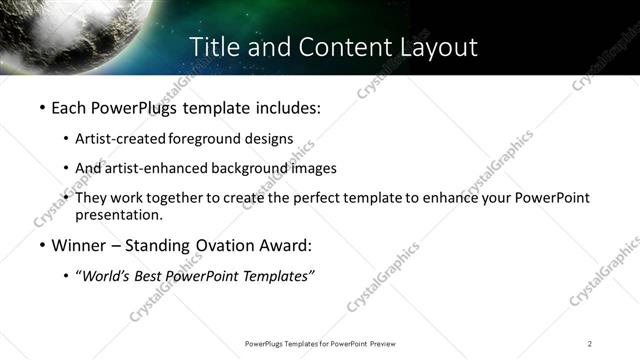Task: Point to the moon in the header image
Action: coord(70,30)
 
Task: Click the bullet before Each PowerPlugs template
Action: coord(41,106)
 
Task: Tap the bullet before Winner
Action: coord(41,246)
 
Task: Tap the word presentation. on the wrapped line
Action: coord(118,214)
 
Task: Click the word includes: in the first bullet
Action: coord(289,106)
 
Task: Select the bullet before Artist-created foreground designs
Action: coord(66,138)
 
